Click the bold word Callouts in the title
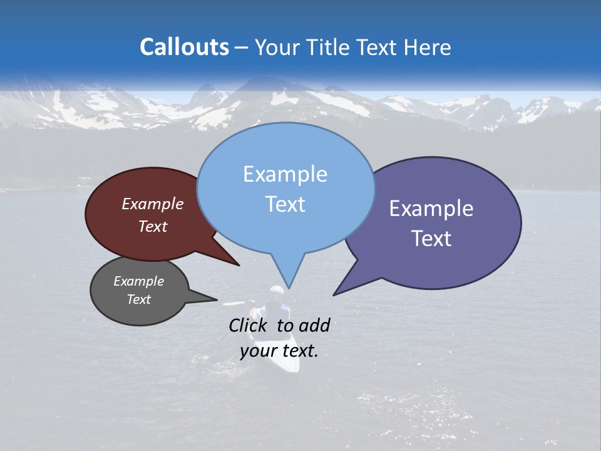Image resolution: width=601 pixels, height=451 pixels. [184, 47]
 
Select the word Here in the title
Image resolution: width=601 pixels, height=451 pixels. [428, 47]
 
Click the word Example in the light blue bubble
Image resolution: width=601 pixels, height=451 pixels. [285, 174]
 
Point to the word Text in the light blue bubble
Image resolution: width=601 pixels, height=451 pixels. [285, 204]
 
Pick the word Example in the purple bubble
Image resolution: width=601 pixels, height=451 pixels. [431, 209]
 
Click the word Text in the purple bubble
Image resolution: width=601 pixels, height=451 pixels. [431, 239]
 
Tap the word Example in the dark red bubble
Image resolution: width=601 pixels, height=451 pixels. [153, 204]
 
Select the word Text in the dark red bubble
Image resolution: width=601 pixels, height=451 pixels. [153, 226]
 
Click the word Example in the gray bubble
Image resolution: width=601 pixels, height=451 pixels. [138, 281]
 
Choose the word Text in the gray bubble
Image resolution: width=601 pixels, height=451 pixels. [138, 299]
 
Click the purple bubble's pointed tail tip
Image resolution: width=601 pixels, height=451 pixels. [334, 294]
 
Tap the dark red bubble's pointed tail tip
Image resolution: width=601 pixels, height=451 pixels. [239, 266]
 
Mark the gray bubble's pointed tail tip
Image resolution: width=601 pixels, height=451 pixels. [217, 299]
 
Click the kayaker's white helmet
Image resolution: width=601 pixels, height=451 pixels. [277, 291]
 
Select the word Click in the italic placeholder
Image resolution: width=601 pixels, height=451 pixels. [249, 325]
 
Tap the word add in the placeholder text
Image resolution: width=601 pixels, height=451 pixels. [314, 325]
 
